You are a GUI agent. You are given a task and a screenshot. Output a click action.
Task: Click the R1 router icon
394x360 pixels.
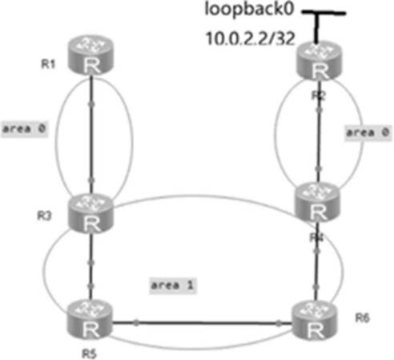(91, 55)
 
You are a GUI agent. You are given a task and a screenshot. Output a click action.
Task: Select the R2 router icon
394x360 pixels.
(320, 61)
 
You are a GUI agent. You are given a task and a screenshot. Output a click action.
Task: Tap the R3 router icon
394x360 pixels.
(91, 213)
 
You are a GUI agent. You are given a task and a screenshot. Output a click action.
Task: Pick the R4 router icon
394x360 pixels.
(318, 202)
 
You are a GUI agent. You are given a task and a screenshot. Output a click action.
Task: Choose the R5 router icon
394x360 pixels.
(90, 320)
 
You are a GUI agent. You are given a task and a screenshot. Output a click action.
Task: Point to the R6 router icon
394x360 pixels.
(315, 320)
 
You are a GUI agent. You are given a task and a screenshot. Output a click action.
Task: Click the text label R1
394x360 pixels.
(48, 64)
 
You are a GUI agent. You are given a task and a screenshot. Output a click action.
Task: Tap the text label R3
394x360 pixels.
(44, 216)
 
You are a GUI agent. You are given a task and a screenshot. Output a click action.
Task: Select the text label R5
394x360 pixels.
(89, 354)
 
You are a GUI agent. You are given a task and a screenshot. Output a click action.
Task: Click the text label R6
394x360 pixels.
(362, 318)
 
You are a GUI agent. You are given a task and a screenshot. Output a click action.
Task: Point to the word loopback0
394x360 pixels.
(249, 10)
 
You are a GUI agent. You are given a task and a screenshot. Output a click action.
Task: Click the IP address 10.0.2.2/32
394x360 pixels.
(251, 38)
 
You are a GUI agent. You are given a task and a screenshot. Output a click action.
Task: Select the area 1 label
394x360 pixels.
(173, 285)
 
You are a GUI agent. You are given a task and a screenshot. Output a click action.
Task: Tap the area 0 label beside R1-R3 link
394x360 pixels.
(24, 129)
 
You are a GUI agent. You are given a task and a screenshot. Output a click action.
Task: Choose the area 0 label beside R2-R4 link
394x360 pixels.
(368, 132)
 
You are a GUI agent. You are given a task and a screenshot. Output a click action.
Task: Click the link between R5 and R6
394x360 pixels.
(203, 324)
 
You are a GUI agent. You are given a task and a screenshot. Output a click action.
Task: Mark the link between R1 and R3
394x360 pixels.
(91, 135)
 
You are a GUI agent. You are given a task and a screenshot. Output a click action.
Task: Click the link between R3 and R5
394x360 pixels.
(90, 266)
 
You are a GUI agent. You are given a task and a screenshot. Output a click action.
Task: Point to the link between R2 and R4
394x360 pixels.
(319, 131)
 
